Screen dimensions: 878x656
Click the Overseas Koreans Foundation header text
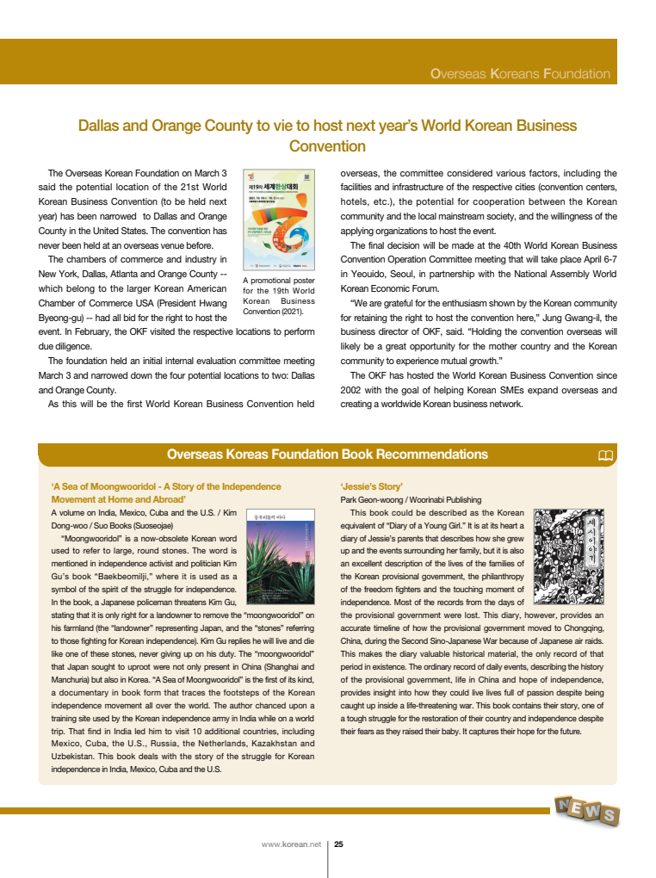(x=520, y=74)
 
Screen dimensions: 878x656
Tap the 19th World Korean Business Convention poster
(x=279, y=219)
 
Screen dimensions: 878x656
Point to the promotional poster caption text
(x=279, y=296)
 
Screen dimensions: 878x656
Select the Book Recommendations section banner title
(x=327, y=454)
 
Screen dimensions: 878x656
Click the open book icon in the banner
(x=606, y=455)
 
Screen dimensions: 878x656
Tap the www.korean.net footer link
(x=291, y=844)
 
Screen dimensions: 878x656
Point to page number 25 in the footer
(x=339, y=844)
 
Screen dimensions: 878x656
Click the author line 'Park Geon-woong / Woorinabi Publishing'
(x=411, y=499)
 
